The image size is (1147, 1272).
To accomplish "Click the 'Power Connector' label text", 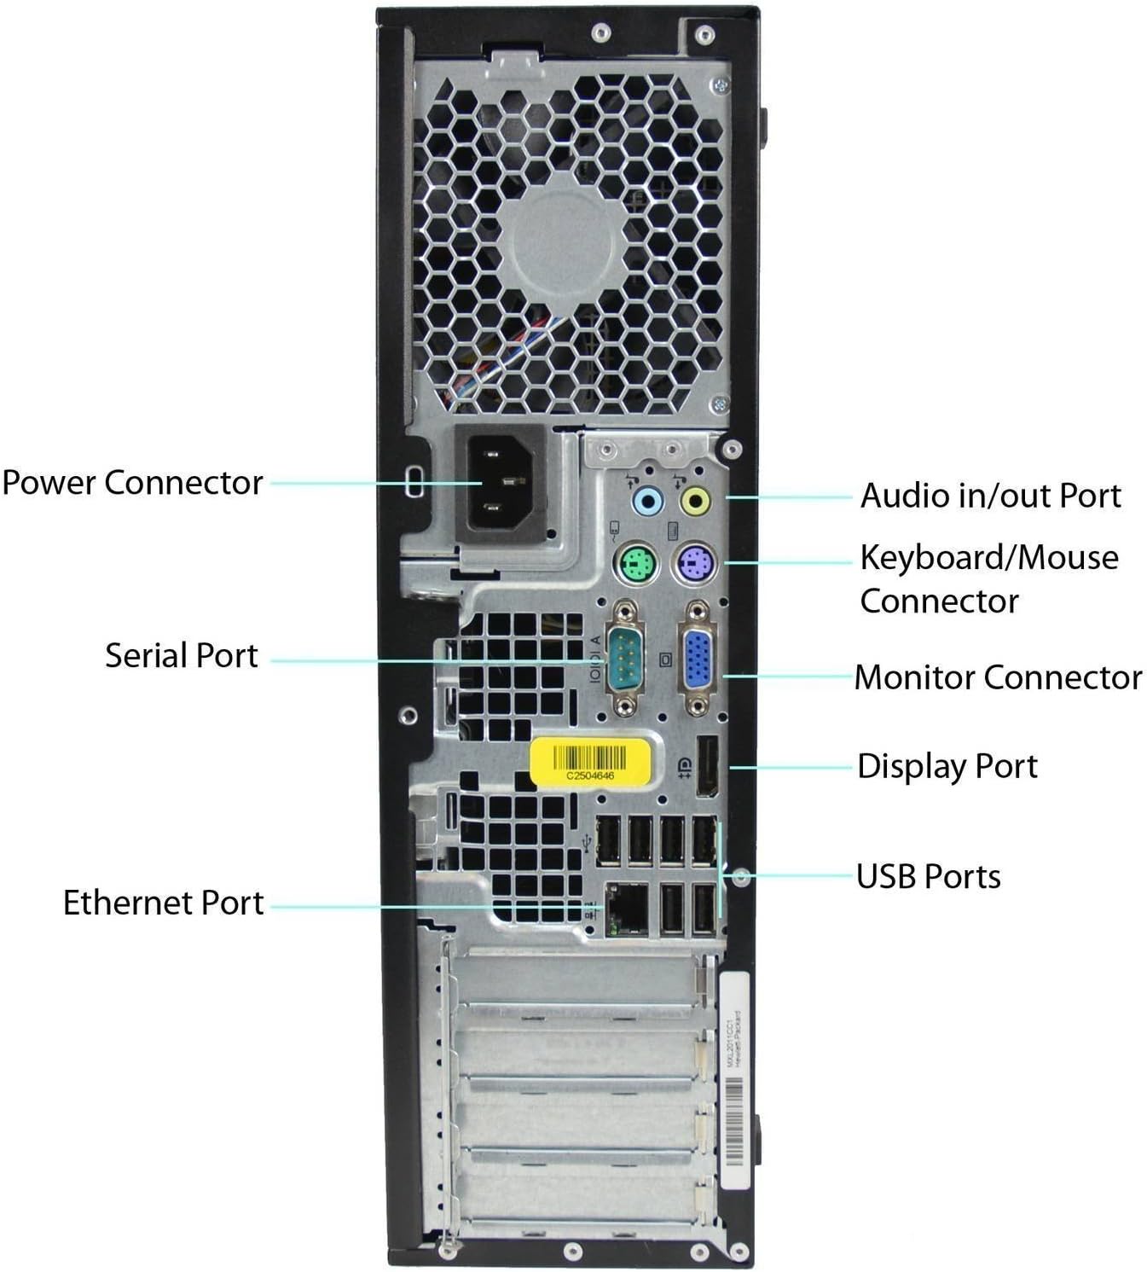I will [132, 483].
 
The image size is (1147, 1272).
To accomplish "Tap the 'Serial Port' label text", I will [182, 656].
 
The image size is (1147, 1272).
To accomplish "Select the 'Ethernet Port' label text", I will [164, 903].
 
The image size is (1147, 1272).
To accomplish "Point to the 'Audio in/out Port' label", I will [990, 496].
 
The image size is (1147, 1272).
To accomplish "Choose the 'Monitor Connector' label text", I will [998, 677].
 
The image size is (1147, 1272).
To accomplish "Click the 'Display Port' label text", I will [947, 766].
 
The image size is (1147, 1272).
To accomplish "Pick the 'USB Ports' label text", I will [928, 876].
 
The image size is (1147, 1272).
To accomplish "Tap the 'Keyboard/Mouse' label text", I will [988, 558].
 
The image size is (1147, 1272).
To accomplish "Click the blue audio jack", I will [647, 500].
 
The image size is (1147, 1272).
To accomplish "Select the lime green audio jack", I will [696, 500].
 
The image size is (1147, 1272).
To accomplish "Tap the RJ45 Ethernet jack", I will [626, 908].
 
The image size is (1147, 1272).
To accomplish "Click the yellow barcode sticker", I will [590, 758].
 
